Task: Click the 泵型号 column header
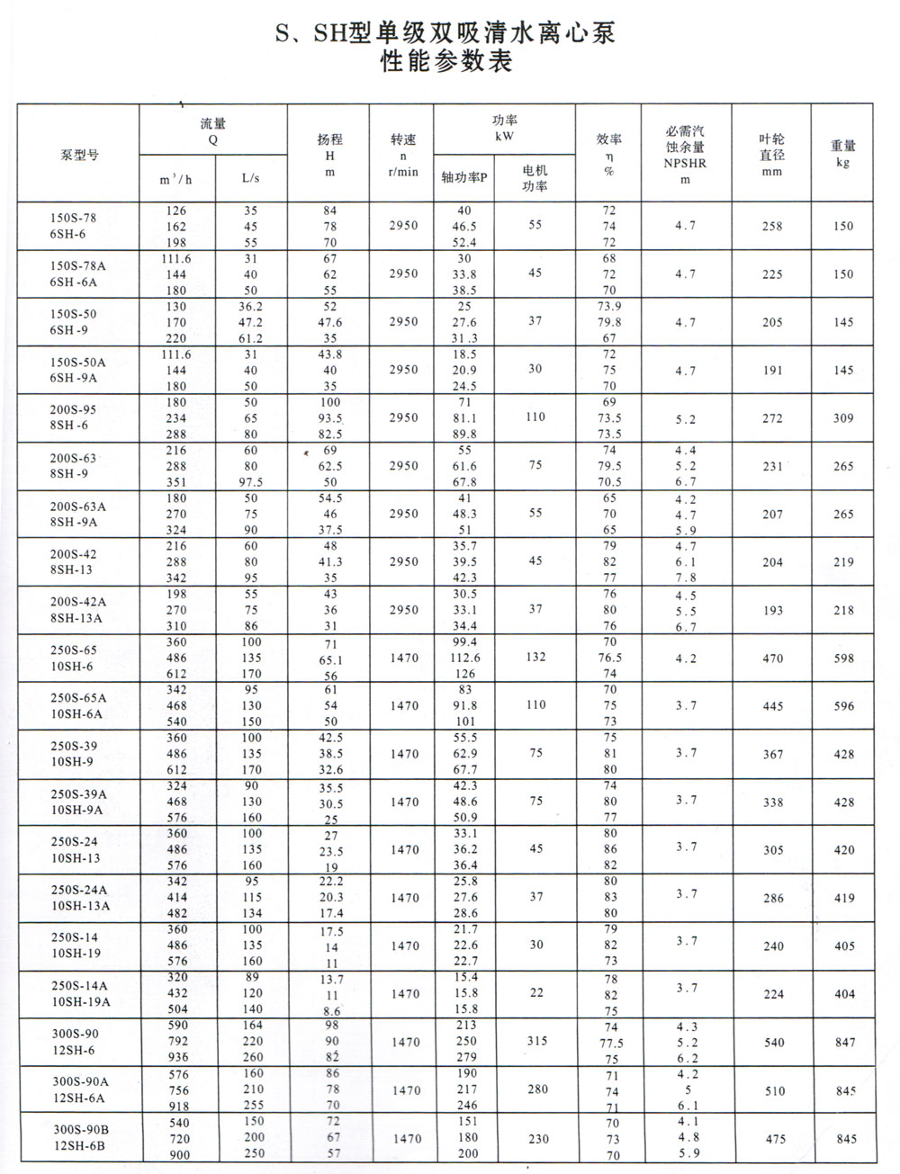click(x=79, y=154)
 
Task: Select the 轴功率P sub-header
click(x=464, y=177)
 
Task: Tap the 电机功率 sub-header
click(x=535, y=177)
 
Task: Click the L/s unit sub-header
click(x=250, y=178)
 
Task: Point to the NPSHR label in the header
click(x=685, y=164)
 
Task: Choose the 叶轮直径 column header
click(x=771, y=154)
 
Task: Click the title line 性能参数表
click(x=445, y=62)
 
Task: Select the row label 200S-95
click(x=73, y=409)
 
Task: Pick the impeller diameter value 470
click(x=772, y=659)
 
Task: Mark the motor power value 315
click(x=536, y=1041)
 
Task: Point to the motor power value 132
click(x=535, y=657)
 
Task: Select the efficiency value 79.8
click(x=610, y=322)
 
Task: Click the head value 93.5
click(x=331, y=418)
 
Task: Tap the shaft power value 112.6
click(x=464, y=658)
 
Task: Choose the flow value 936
click(x=177, y=1058)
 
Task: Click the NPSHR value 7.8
click(x=686, y=578)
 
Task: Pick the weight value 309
click(x=843, y=418)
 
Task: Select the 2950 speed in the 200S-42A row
click(x=404, y=609)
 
